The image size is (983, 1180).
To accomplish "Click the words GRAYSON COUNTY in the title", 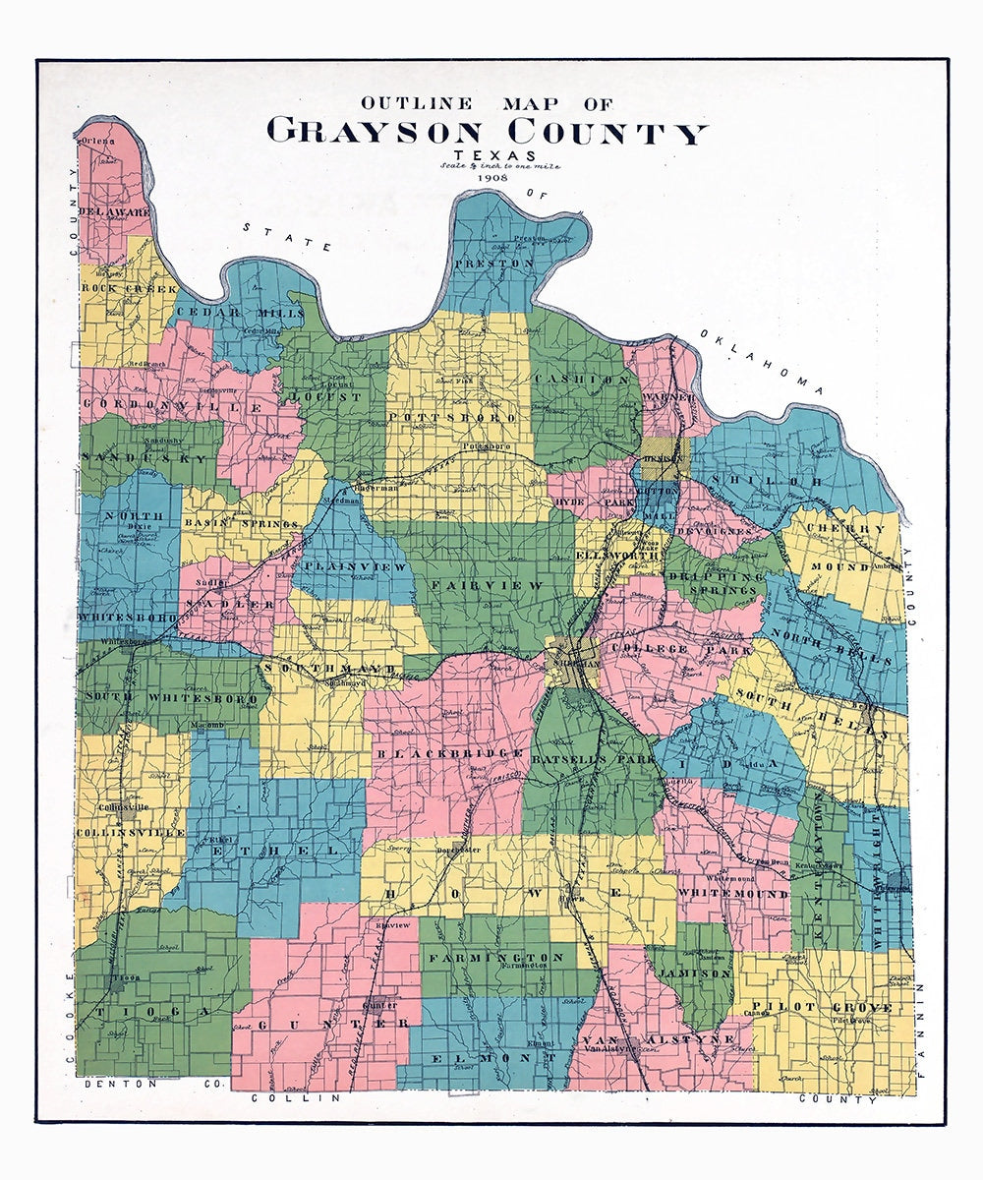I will tap(487, 131).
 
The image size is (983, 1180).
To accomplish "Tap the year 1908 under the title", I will tap(489, 177).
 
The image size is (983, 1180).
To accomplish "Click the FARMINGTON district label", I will tap(497, 957).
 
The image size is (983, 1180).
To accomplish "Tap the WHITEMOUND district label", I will tap(732, 894).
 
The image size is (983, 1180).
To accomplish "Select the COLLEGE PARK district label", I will tap(681, 650).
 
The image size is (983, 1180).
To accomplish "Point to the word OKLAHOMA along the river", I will tap(761, 363).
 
